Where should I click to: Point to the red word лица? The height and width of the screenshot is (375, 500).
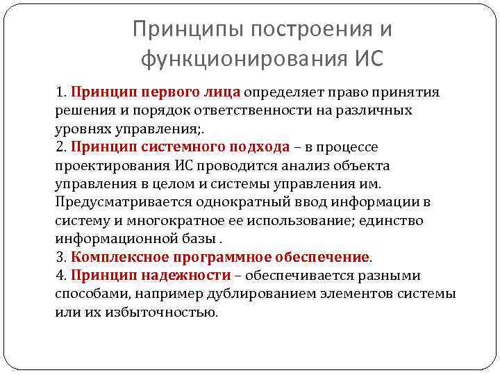click(222, 92)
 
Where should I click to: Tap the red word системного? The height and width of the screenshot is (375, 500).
click(183, 147)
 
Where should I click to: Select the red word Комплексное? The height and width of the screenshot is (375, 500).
click(114, 257)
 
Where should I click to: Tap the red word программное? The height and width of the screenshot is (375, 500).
click(209, 257)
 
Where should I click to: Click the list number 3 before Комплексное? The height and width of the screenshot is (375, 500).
click(60, 257)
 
